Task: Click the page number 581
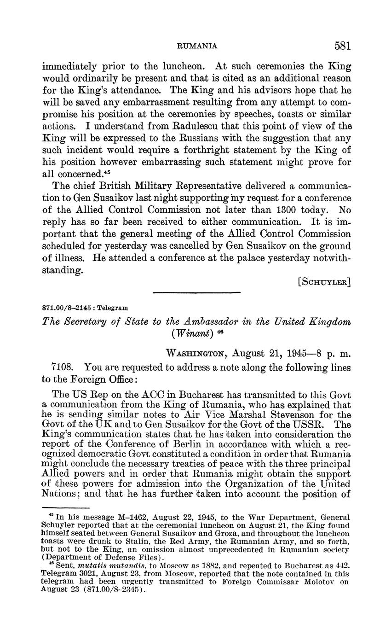pyautogui.click(x=343, y=46)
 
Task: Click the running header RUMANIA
pyautogui.click(x=197, y=46)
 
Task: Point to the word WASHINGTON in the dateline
pyautogui.click(x=197, y=354)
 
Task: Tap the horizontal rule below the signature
pyautogui.click(x=196, y=292)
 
